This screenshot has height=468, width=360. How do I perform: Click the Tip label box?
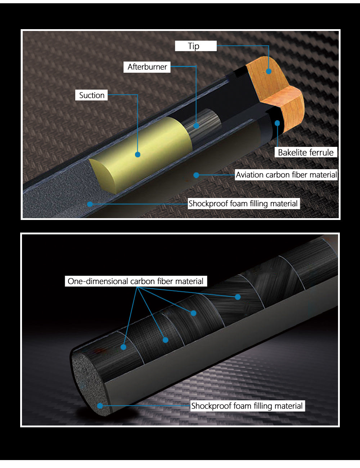pyautogui.click(x=196, y=46)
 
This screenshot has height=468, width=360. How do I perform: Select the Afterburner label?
pyautogui.click(x=147, y=67)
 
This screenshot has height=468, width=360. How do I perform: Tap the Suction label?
pyautogui.click(x=91, y=95)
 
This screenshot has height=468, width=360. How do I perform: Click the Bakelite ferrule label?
pyautogui.click(x=306, y=153)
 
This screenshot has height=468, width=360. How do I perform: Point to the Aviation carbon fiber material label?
pyautogui.click(x=286, y=175)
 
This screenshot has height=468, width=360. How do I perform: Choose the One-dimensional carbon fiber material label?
pyautogui.click(x=136, y=281)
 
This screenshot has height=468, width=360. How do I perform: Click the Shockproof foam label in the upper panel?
pyautogui.click(x=243, y=203)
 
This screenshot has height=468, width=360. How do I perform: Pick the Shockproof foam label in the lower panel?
pyautogui.click(x=247, y=406)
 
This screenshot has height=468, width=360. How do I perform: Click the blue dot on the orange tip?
pyautogui.click(x=269, y=71)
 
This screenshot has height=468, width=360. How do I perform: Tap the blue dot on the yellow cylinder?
pyautogui.click(x=138, y=154)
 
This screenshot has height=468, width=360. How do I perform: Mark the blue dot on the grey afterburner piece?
pyautogui.click(x=196, y=126)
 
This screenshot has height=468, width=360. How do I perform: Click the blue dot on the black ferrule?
pyautogui.click(x=277, y=123)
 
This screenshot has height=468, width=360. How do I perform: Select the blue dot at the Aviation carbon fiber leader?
pyautogui.click(x=196, y=175)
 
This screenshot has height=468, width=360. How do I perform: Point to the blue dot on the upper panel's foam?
pyautogui.click(x=90, y=204)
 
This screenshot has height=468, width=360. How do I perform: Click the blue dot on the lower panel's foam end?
pyautogui.click(x=100, y=406)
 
